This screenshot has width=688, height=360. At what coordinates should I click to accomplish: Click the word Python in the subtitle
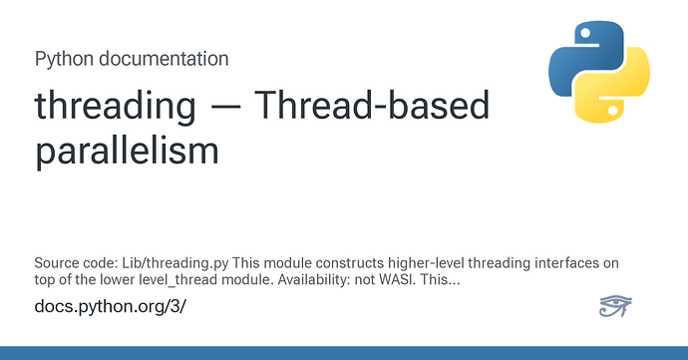point(64,59)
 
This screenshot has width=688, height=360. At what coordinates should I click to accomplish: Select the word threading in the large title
point(115,107)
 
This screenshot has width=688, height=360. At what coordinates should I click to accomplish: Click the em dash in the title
point(224,108)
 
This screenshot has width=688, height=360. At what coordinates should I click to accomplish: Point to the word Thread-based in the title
point(372,105)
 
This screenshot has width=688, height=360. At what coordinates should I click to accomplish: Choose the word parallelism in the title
point(127,151)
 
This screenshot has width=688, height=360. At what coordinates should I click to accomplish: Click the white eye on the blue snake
point(585,33)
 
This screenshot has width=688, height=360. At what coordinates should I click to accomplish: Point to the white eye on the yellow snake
point(613,111)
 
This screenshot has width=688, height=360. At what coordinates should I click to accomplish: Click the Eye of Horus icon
point(615,306)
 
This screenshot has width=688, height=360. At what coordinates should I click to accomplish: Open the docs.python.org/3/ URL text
point(110,306)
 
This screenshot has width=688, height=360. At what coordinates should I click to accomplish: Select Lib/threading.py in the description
point(175,263)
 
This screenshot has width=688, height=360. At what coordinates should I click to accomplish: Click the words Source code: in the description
point(76,263)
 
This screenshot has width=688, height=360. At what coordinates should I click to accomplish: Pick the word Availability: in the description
point(314,280)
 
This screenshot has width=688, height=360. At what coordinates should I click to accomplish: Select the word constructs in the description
point(350,263)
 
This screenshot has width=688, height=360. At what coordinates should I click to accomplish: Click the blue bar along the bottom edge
point(344,353)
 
